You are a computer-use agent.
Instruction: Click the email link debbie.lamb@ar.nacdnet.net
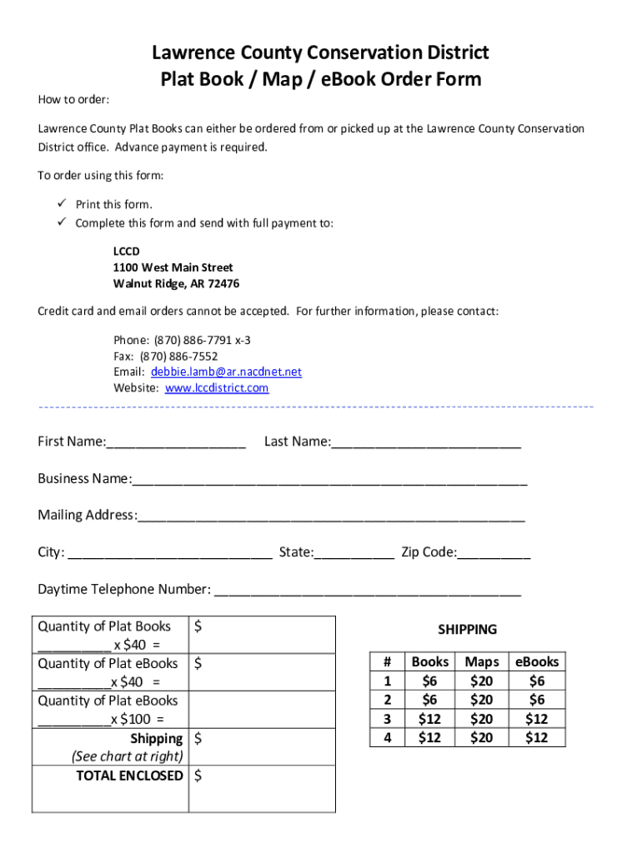[x=226, y=372]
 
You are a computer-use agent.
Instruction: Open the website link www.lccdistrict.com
[x=217, y=388]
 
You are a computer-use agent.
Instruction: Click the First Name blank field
[x=176, y=442]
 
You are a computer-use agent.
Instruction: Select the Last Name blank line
[x=426, y=442]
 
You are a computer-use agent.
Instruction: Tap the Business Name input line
[x=329, y=480]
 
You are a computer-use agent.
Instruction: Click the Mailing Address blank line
[x=331, y=516]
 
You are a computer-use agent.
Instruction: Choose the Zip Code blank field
[x=494, y=553]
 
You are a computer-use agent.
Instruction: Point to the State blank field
[x=354, y=553]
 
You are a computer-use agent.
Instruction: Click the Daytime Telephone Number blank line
[x=368, y=591]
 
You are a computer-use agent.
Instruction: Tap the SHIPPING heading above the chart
[x=467, y=630]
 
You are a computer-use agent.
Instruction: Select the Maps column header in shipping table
[x=482, y=662]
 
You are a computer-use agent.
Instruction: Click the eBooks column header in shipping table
[x=537, y=662]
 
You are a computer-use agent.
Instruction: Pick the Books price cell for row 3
[x=430, y=719]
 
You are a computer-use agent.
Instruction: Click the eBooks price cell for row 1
[x=537, y=681]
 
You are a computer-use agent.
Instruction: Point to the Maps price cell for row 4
[x=482, y=737]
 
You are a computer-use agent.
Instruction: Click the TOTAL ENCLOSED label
[x=129, y=776]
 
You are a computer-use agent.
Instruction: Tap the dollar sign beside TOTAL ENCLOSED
[x=198, y=776]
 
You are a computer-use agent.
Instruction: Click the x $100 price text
[x=138, y=720]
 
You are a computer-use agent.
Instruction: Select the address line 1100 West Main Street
[x=173, y=267]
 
